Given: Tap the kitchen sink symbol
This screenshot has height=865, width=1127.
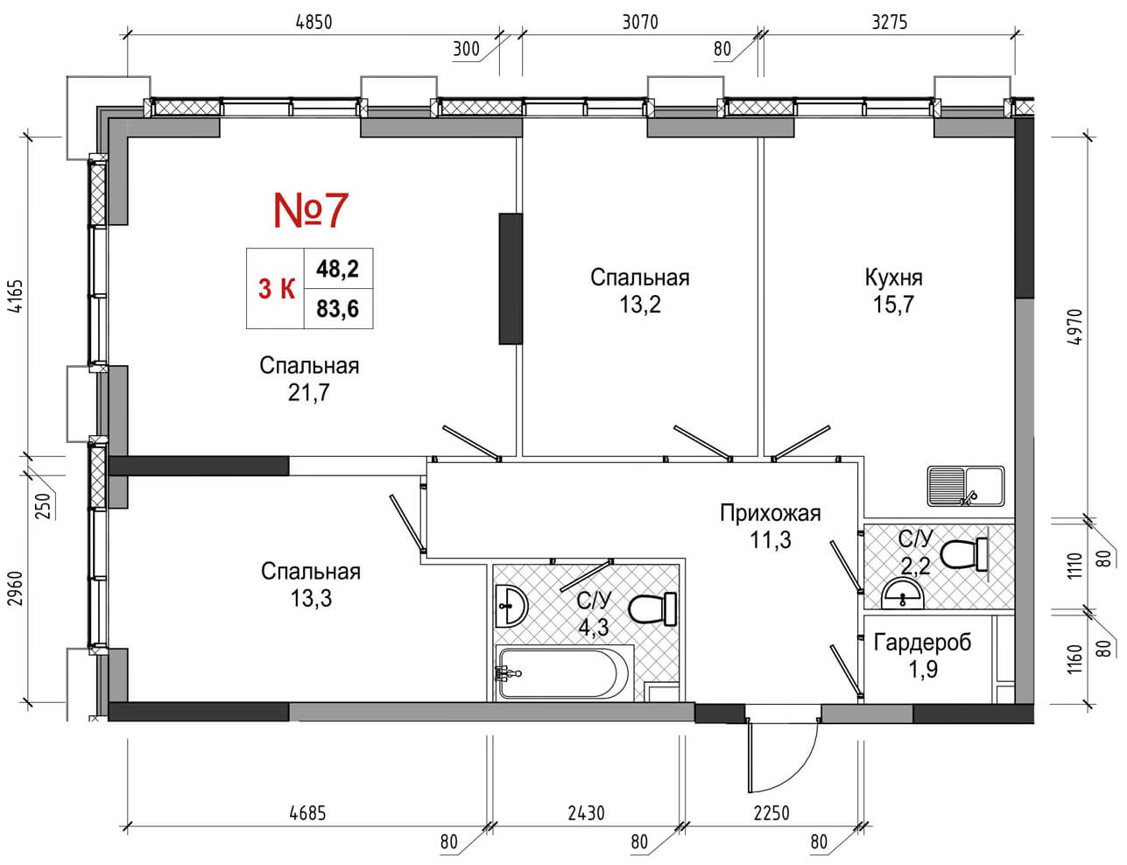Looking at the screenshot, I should (966, 486).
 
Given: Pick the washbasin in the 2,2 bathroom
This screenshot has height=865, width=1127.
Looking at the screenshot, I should (902, 595).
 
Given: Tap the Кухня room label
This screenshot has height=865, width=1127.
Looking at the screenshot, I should (893, 278).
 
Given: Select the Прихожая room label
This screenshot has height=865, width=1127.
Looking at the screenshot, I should (770, 513).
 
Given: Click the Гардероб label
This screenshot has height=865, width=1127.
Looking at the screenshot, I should (922, 643).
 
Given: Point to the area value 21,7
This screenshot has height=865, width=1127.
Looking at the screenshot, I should (308, 393).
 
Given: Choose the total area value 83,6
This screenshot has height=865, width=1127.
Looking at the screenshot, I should (338, 309).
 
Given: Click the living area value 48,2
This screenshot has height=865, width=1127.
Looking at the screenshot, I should (338, 269).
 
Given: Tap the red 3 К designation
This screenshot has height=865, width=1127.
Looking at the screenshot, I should (276, 288).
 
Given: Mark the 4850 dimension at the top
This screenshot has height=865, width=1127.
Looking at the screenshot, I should (313, 23).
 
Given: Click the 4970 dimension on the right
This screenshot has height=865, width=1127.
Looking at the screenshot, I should (1077, 328).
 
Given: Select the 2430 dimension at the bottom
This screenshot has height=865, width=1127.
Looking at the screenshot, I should (585, 813).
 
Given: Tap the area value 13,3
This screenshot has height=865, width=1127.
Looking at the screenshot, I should (311, 599).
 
